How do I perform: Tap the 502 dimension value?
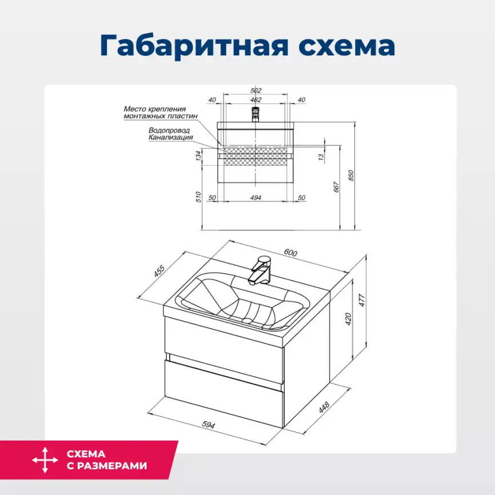[x=256, y=90]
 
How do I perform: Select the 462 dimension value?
[x=256, y=100]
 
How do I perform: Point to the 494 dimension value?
[x=256, y=197]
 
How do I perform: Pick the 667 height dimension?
[x=337, y=186]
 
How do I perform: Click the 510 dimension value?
[x=198, y=197]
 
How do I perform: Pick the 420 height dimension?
[x=348, y=319]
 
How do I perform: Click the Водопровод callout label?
[x=165, y=130]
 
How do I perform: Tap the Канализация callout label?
[x=170, y=137]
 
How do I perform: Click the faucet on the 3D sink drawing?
[x=260, y=270]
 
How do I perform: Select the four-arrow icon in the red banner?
[x=45, y=460]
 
